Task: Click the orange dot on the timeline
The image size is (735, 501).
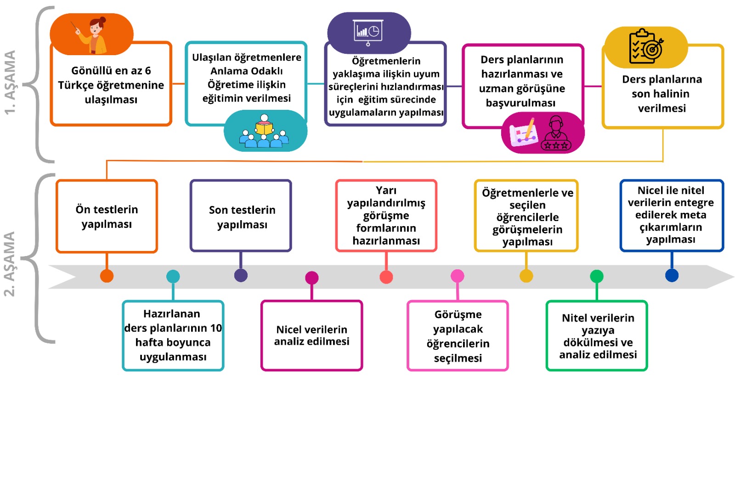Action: [107, 276]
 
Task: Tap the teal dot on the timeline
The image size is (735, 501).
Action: [173, 276]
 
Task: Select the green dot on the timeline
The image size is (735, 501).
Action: [596, 276]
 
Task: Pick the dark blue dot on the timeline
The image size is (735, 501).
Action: [672, 275]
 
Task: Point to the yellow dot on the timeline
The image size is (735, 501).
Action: [526, 276]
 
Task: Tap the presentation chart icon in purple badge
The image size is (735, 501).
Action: [368, 32]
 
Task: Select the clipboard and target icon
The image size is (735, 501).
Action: [645, 46]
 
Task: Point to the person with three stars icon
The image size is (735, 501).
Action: [556, 134]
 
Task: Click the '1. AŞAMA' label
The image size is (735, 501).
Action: [10, 82]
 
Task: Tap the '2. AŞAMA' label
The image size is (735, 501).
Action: [10, 264]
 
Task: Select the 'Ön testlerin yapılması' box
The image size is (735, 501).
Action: [107, 216]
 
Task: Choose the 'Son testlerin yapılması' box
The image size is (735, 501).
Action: [241, 216]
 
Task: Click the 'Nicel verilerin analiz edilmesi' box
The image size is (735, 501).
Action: [311, 336]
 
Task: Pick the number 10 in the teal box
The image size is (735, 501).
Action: [216, 328]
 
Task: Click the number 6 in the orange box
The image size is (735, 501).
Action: [147, 71]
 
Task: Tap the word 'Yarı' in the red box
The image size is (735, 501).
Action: [386, 190]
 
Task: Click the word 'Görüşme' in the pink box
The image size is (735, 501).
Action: [458, 314]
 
